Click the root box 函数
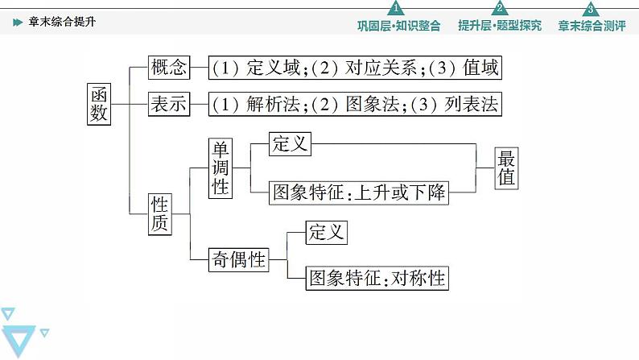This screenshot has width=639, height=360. pyautogui.click(x=99, y=104)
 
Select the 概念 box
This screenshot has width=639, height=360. pyautogui.click(x=169, y=68)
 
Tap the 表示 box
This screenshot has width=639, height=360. pyautogui.click(x=169, y=104)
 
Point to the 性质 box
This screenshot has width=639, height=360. pyautogui.click(x=161, y=213)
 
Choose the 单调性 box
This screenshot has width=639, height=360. pyautogui.click(x=221, y=168)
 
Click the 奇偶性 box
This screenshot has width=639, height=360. pyautogui.click(x=237, y=259)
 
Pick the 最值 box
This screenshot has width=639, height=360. pyautogui.click(x=506, y=168)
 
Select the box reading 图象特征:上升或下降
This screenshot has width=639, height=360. pyautogui.click(x=359, y=192)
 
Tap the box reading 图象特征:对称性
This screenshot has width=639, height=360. pyautogui.click(x=377, y=279)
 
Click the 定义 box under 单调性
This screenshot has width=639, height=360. pyautogui.click(x=291, y=145)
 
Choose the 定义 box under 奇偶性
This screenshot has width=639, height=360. pyautogui.click(x=326, y=233)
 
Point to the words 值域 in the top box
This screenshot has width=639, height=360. pyautogui.click(x=480, y=68)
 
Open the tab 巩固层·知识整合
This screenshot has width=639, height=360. pyautogui.click(x=398, y=25)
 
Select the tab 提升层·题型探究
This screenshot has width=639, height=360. pyautogui.click(x=500, y=25)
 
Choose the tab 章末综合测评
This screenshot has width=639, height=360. pyautogui.click(x=592, y=25)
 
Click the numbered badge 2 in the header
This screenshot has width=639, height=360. pyautogui.click(x=500, y=9)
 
